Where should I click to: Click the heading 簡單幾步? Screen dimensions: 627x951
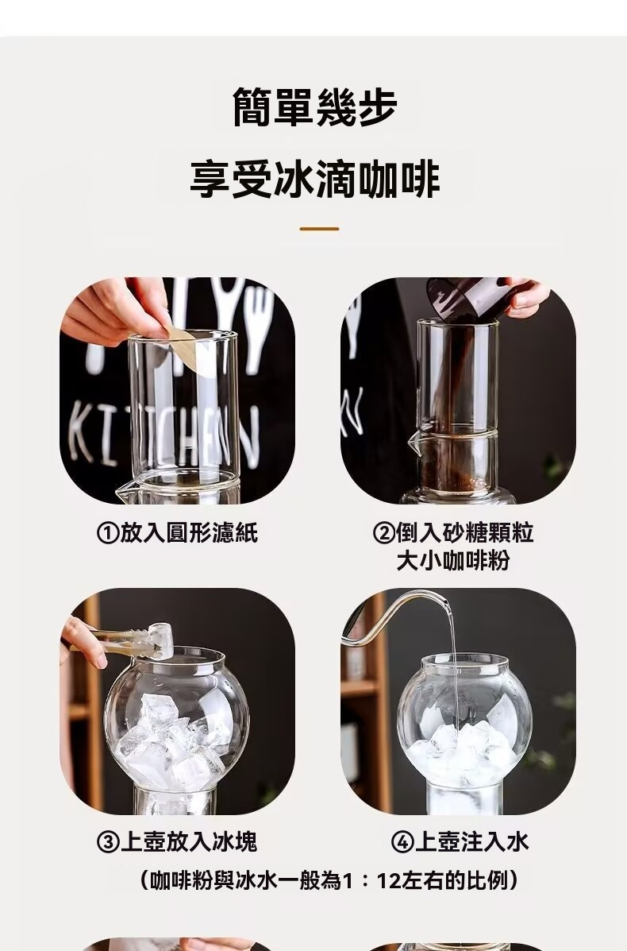(x=315, y=106)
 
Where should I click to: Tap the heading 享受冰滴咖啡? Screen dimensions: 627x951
(x=315, y=179)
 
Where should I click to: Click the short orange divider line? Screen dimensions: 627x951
(x=319, y=230)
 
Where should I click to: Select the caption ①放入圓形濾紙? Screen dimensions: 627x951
(x=178, y=533)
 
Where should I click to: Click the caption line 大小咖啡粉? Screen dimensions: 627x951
(x=453, y=560)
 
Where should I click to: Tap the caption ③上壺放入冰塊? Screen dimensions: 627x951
(x=178, y=842)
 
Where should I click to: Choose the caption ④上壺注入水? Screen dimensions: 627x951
(x=460, y=842)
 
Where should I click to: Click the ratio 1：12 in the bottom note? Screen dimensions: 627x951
(x=378, y=880)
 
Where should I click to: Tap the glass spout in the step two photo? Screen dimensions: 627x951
(x=414, y=438)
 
